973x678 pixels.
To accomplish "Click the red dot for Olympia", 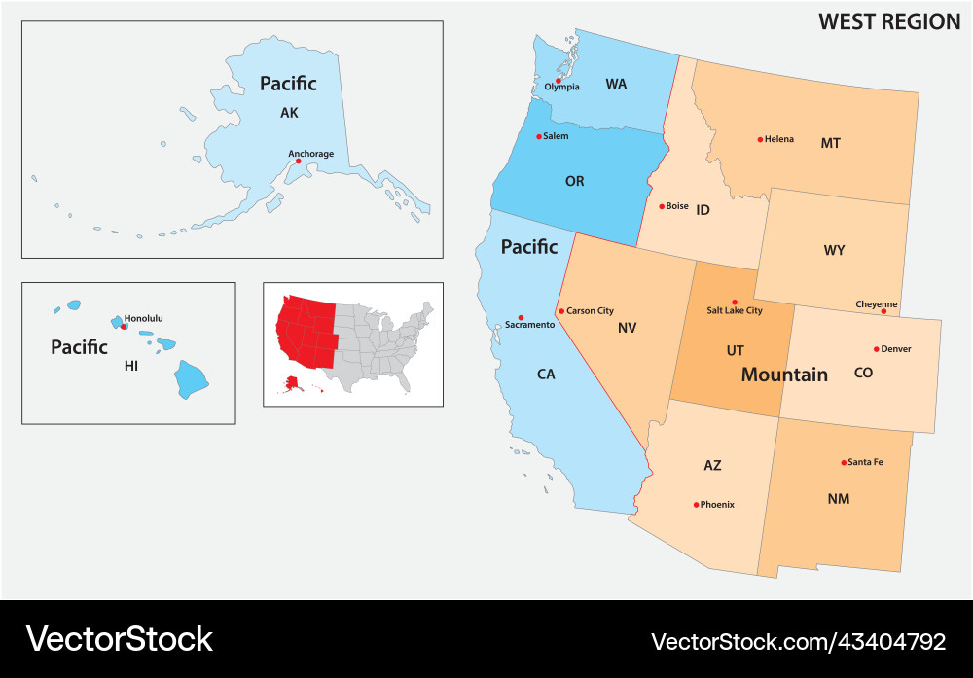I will pos(559,80).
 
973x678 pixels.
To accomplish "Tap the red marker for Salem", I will pos(539,137).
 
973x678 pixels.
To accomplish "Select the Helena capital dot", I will pos(760,139).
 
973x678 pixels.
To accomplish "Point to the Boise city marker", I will pos(662,206).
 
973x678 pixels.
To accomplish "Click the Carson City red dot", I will pos(561,311).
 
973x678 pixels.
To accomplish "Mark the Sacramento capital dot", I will pos(522,317).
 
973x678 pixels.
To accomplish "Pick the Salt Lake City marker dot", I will pos(735,303).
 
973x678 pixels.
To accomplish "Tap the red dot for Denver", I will pos(877,349).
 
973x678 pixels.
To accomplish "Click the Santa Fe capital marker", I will pos(844,462).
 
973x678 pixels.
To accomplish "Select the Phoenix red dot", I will pos(696,505).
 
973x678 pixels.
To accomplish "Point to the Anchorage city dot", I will pos(299,161).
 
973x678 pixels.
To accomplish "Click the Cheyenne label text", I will pos(877,304).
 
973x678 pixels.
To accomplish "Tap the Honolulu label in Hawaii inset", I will pos(144,318).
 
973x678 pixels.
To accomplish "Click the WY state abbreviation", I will pos(834,250).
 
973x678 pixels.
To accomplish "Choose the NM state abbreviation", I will pos(838,499).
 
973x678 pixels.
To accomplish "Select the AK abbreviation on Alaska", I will pos(289,113).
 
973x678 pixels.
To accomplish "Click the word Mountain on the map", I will pos(784,375).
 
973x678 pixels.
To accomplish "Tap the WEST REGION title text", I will pos(889,21).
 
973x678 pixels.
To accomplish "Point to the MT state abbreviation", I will pos(830,143).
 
